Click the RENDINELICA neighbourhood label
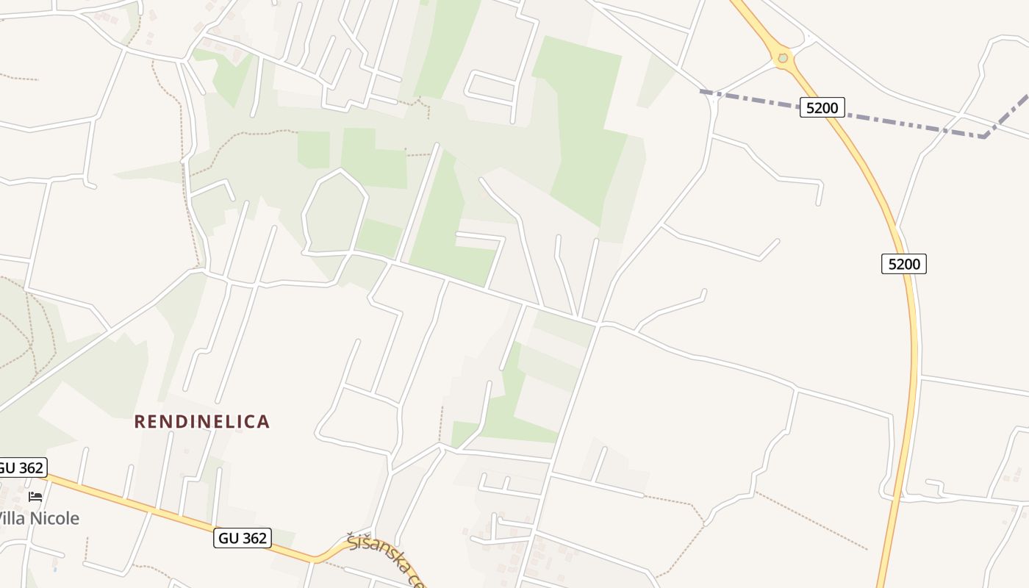pyautogui.click(x=202, y=421)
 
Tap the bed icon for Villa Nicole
pyautogui.click(x=35, y=497)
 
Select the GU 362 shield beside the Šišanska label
pyautogui.click(x=243, y=538)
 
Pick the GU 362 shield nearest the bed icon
pyautogui.click(x=21, y=467)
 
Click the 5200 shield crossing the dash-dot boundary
pyautogui.click(x=822, y=108)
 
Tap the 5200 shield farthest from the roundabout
pyautogui.click(x=903, y=263)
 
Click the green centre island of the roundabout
pyautogui.click(x=783, y=58)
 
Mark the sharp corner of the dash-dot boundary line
pyautogui.click(x=984, y=136)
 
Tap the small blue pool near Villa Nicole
pyautogui.click(x=55, y=568)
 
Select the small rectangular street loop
pyautogui.click(x=491, y=87)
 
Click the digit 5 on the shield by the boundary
pyautogui.click(x=810, y=108)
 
